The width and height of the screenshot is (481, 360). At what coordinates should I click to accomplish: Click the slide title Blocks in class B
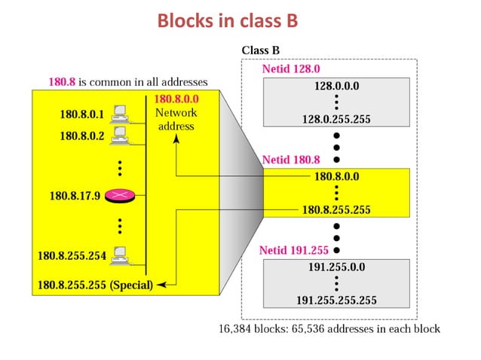(x=228, y=21)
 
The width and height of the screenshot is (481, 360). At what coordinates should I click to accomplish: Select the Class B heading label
(x=261, y=50)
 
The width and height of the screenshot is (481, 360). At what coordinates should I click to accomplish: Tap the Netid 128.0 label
(x=290, y=69)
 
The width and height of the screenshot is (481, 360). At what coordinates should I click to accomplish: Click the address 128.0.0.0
(x=336, y=87)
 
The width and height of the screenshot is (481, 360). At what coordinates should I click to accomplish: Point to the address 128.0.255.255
(x=336, y=119)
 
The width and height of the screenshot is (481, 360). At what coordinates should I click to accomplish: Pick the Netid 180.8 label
(x=291, y=160)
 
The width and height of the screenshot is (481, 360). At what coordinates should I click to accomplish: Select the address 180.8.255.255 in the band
(x=336, y=210)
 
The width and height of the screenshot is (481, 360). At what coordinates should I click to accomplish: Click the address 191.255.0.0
(x=336, y=267)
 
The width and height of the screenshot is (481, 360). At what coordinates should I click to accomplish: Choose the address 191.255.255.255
(x=336, y=300)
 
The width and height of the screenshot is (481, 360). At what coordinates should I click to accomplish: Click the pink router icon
(x=118, y=196)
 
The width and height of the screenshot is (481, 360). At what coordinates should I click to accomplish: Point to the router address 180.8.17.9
(x=75, y=196)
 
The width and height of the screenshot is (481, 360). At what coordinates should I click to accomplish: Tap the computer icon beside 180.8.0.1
(x=118, y=114)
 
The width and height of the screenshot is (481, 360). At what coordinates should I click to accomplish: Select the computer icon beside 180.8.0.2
(x=118, y=135)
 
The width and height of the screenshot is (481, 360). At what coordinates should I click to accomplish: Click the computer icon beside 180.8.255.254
(x=118, y=255)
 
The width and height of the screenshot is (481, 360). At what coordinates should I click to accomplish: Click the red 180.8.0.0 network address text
(x=176, y=99)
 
